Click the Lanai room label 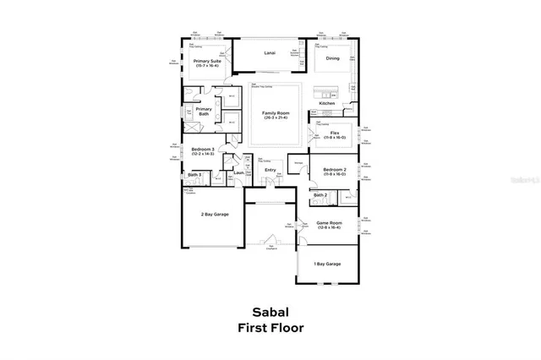(270, 53)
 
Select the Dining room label (333, 59)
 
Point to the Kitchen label (339, 103)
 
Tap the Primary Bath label (204, 111)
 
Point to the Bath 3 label (194, 175)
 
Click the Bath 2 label (320, 195)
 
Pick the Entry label (270, 170)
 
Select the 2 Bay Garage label (215, 215)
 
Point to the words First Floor (270, 327)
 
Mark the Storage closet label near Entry (297, 162)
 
